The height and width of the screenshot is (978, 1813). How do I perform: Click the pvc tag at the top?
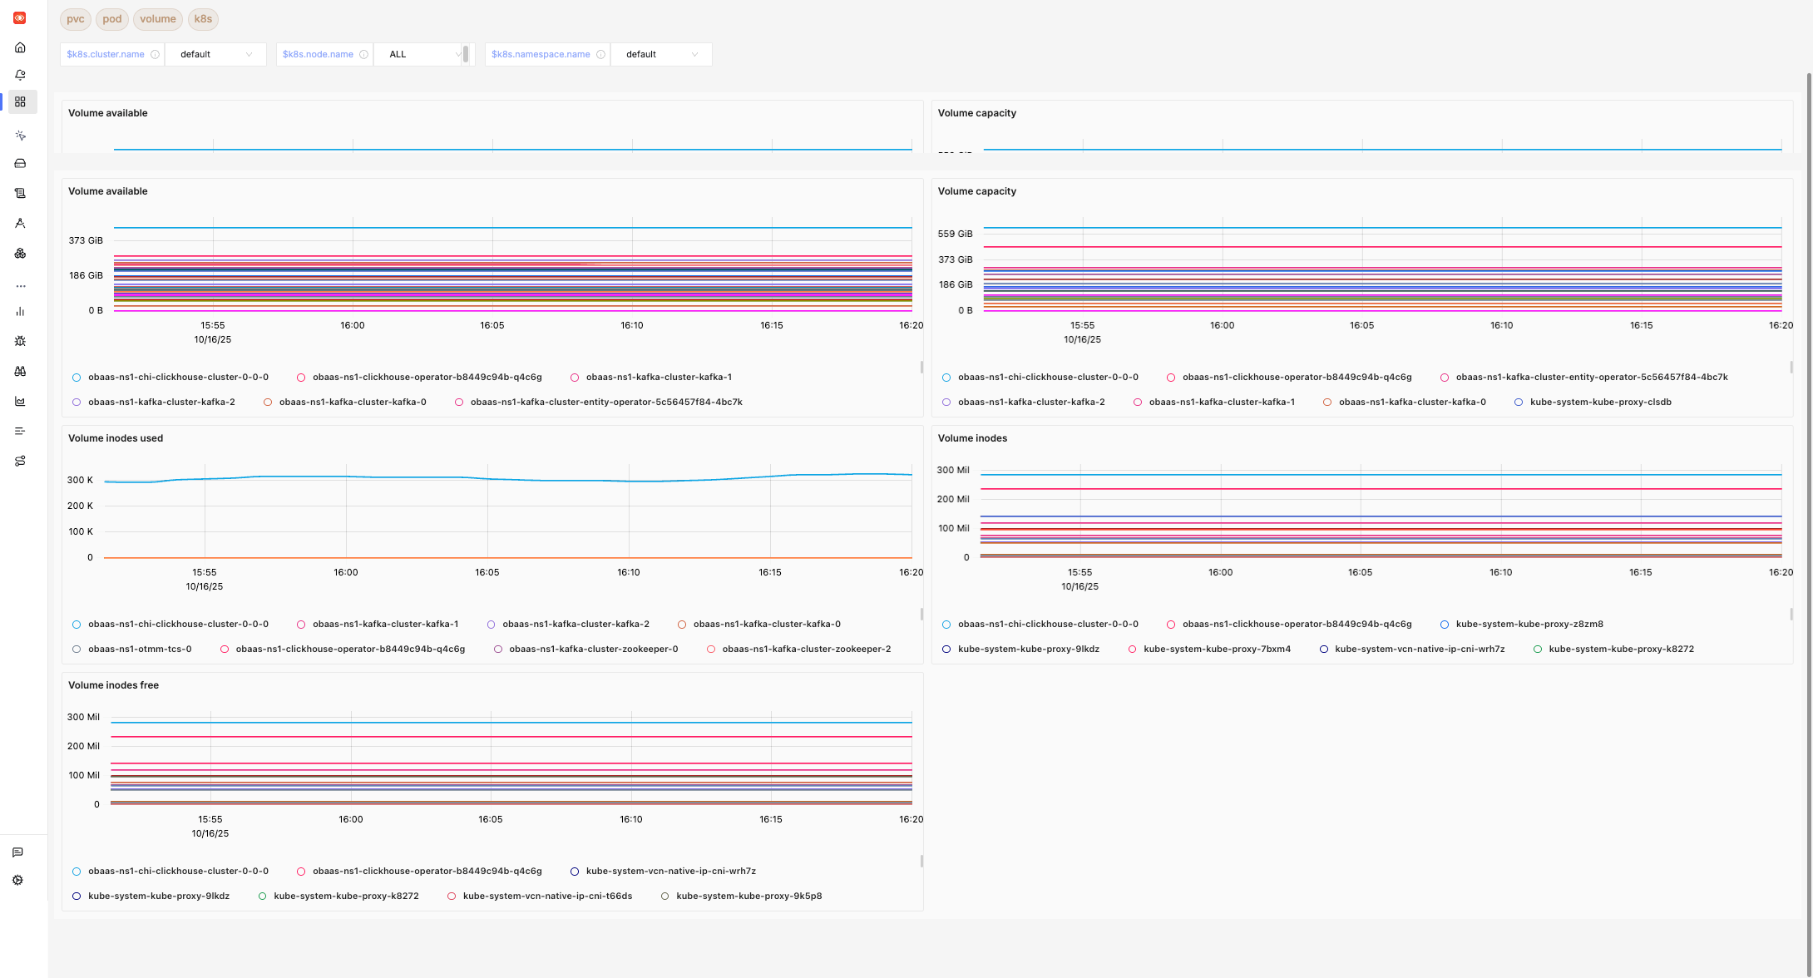75,19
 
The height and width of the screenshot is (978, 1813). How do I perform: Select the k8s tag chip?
203,19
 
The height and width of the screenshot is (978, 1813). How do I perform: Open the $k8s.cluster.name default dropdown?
215,55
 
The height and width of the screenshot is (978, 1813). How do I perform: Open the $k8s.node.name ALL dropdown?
423,55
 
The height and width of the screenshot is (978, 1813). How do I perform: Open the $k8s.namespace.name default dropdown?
660,55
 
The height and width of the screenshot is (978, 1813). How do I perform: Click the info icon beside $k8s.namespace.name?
600,55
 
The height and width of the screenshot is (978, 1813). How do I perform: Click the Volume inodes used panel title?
116,438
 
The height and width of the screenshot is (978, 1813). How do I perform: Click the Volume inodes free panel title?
113,685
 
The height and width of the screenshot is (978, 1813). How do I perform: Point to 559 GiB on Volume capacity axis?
955,234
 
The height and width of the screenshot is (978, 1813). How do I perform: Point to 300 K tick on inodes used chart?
80,480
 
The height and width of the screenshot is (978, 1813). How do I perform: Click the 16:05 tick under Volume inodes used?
487,572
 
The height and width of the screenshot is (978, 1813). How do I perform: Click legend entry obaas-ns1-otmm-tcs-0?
140,650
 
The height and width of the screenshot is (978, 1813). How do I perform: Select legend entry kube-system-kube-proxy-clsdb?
1600,403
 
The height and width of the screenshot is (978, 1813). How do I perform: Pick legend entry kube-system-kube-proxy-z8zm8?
1529,625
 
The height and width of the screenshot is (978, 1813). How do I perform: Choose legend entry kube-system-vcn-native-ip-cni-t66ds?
547,896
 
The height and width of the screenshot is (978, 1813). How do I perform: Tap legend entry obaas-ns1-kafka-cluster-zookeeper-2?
806,650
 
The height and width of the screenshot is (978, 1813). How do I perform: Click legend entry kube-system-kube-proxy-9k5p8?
748,896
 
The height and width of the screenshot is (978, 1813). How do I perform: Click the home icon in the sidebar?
20,48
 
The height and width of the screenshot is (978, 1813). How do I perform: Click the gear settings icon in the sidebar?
18,880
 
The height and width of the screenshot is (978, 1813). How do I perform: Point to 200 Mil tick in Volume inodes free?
83,746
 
